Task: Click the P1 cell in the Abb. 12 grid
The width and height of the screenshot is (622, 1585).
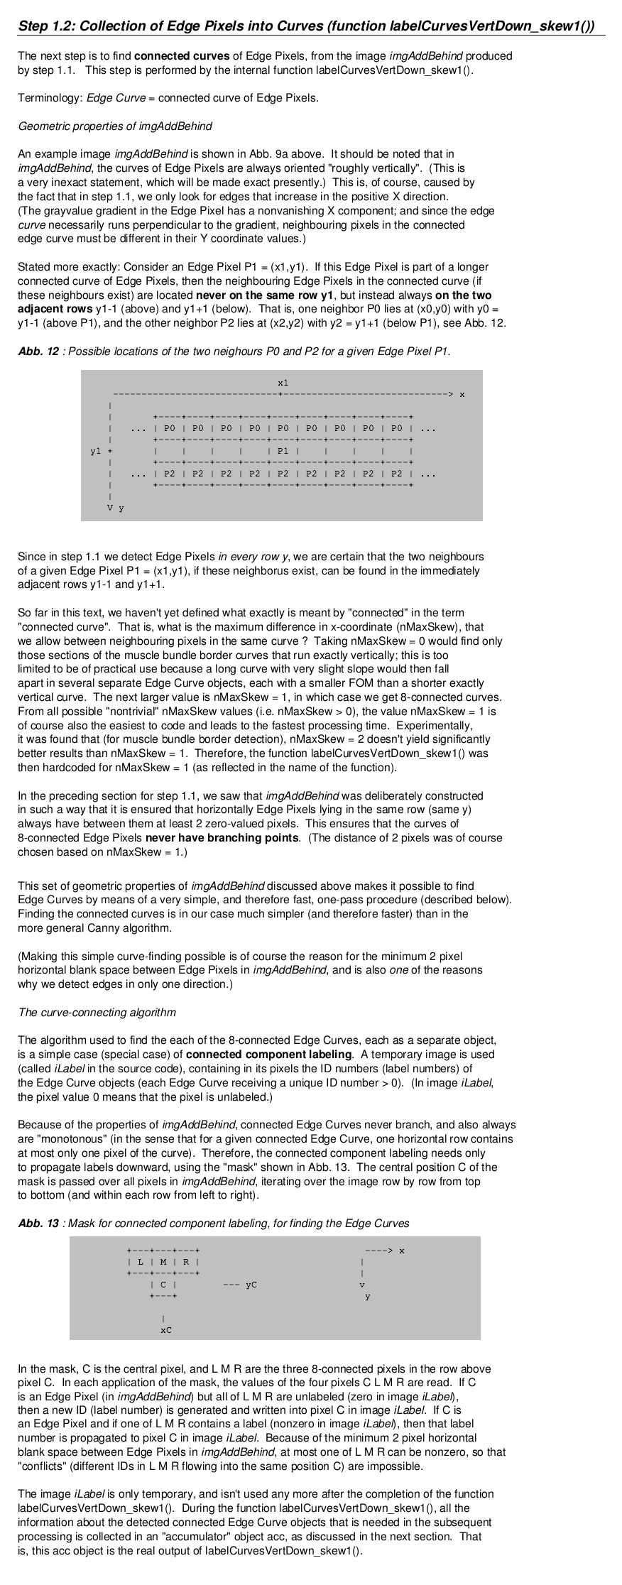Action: click(x=283, y=451)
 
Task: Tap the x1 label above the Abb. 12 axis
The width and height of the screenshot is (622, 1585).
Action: click(x=283, y=383)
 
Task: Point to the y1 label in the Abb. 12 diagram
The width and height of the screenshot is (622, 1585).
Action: click(x=96, y=451)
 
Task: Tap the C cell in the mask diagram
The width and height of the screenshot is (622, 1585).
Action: click(x=163, y=1285)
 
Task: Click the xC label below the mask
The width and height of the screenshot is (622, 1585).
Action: click(x=165, y=1330)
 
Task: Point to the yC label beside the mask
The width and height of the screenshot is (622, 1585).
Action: click(x=251, y=1285)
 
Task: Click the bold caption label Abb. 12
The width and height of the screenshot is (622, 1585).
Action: click(x=38, y=352)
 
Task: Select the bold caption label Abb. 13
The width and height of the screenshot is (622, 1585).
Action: click(x=38, y=1224)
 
